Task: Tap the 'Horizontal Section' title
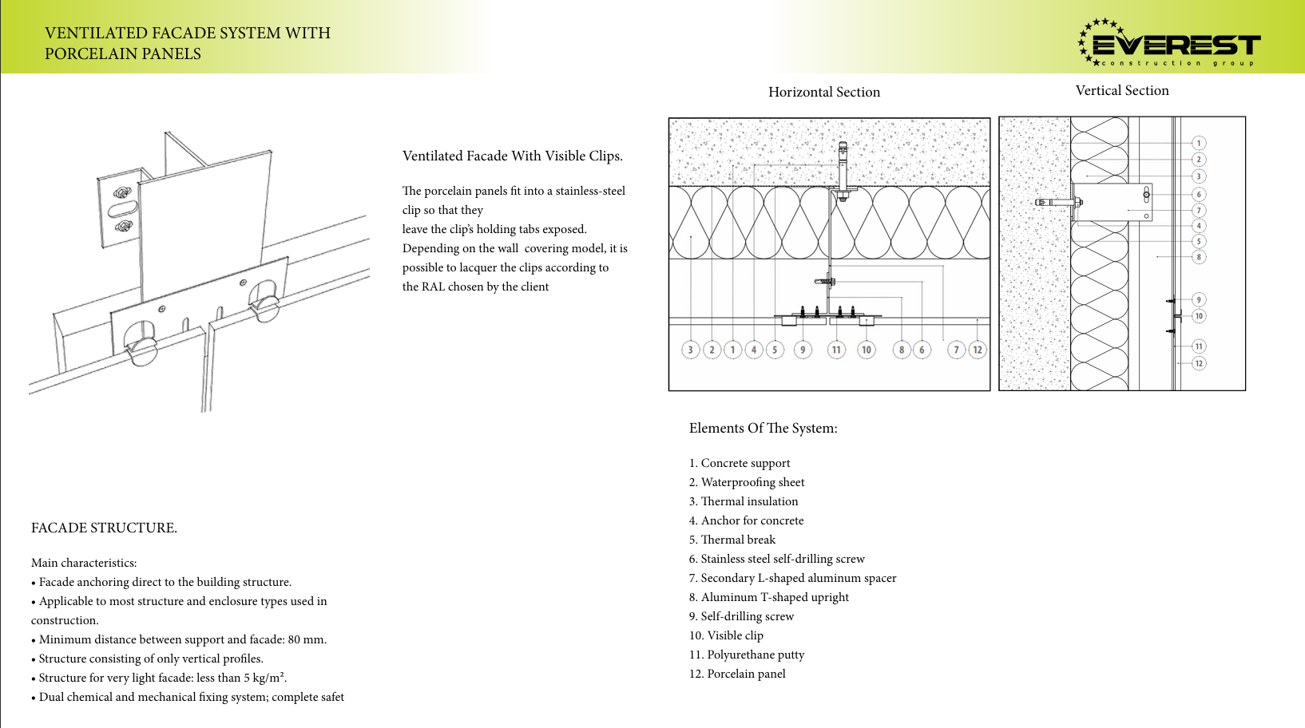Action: pyautogui.click(x=824, y=92)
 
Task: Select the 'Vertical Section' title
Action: pyautogui.click(x=1122, y=90)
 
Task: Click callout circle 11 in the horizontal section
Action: pyautogui.click(x=835, y=350)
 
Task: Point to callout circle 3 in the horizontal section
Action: pyautogui.click(x=691, y=350)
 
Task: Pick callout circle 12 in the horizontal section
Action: pyautogui.click(x=978, y=350)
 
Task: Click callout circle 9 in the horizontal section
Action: pyautogui.click(x=803, y=350)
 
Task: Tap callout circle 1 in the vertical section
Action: pyautogui.click(x=1199, y=143)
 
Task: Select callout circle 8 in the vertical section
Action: pyautogui.click(x=1199, y=257)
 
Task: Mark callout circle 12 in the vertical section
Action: pyautogui.click(x=1199, y=363)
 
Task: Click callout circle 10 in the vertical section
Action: pyautogui.click(x=1199, y=316)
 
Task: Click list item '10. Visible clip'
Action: pyautogui.click(x=726, y=635)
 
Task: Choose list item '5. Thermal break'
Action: pyautogui.click(x=732, y=540)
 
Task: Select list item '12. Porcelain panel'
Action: pyautogui.click(x=737, y=674)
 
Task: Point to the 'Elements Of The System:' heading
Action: pyautogui.click(x=763, y=428)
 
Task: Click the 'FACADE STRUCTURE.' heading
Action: pyautogui.click(x=104, y=528)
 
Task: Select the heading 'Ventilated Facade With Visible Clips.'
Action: pyautogui.click(x=512, y=156)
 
